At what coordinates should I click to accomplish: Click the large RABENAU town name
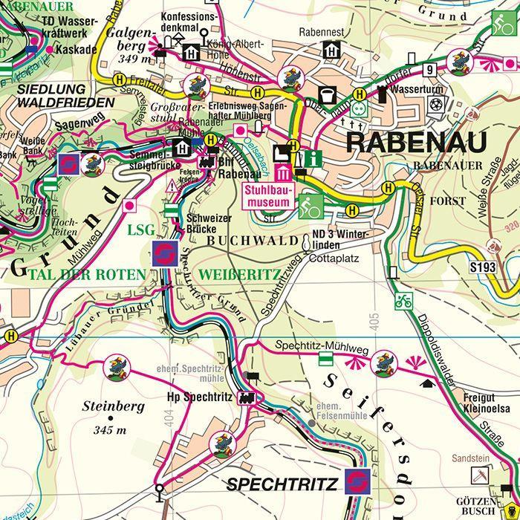click(415, 140)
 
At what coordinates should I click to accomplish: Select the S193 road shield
click(481, 265)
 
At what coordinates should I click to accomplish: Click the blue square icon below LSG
click(164, 253)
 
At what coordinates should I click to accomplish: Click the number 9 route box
click(429, 71)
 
